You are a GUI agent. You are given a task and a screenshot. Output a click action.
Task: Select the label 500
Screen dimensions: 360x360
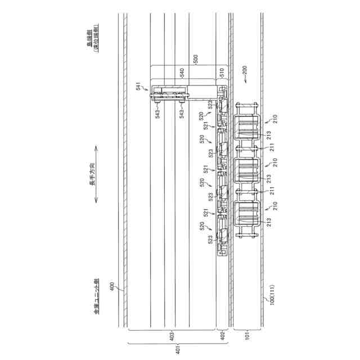(196, 58)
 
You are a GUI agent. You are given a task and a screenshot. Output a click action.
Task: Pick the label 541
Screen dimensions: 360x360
(139, 85)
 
